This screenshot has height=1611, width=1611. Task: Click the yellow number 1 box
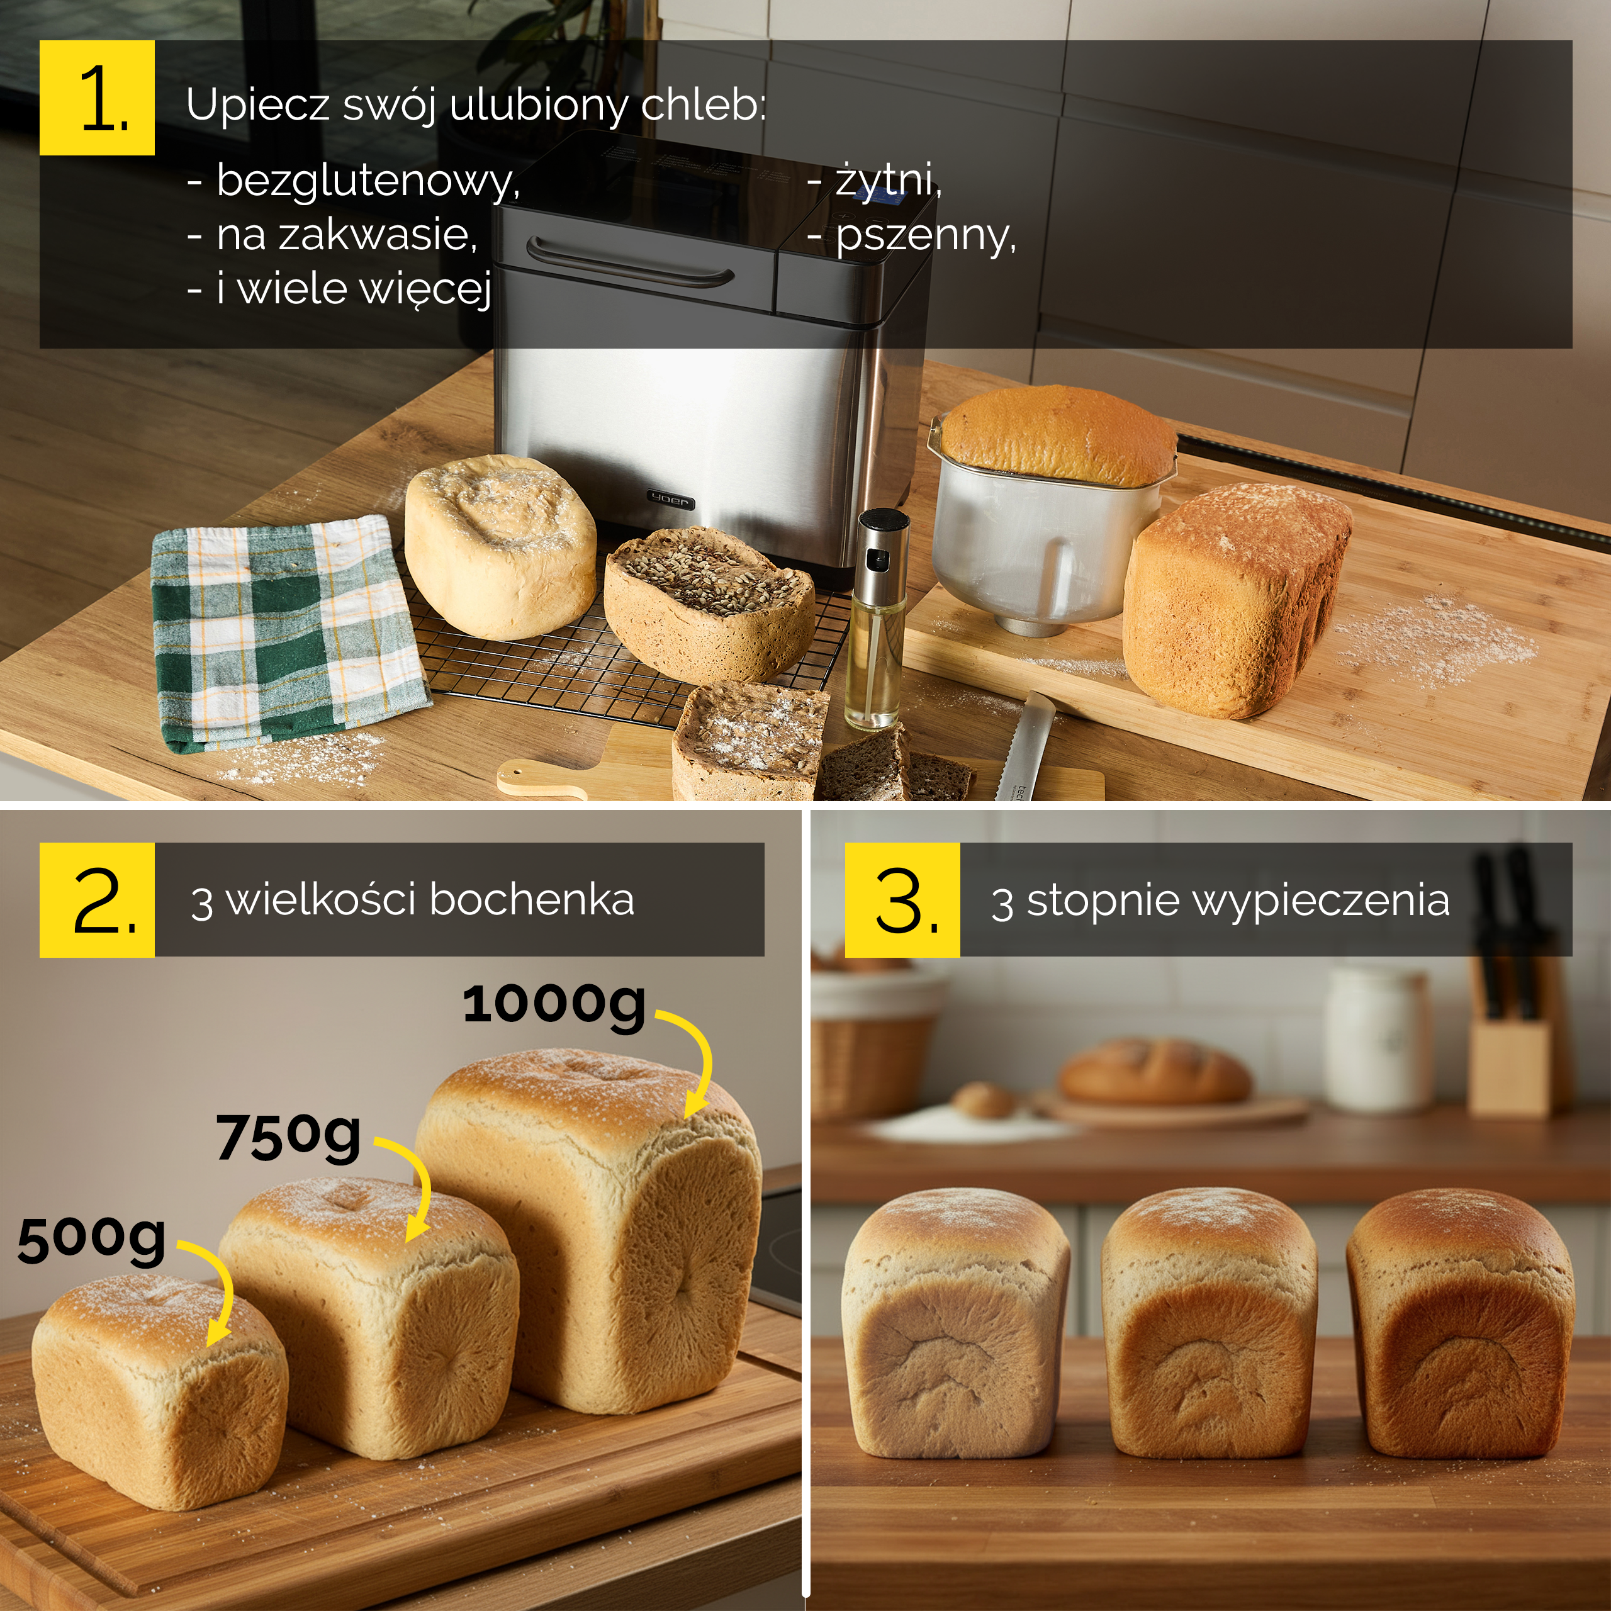click(x=97, y=98)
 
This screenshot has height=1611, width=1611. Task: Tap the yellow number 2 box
click(x=97, y=900)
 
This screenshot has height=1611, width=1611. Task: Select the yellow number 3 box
click(x=902, y=900)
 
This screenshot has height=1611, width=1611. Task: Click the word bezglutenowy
click(x=368, y=181)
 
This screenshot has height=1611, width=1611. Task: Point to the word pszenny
click(x=926, y=235)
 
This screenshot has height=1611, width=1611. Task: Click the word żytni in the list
click(x=888, y=180)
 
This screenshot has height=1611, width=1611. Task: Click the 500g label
click(x=92, y=1240)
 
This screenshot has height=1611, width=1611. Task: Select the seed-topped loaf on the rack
click(x=707, y=603)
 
